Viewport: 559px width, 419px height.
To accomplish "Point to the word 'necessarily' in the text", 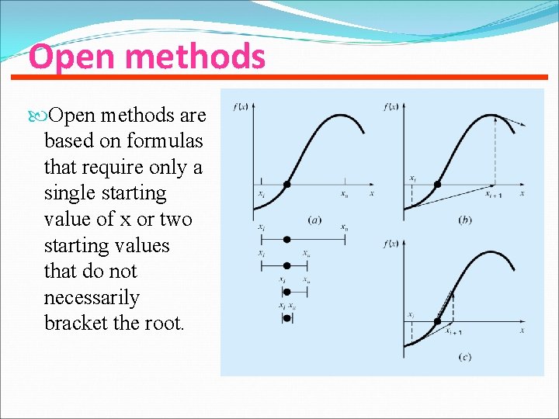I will (92, 298).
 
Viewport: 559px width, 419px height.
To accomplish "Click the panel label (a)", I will (314, 220).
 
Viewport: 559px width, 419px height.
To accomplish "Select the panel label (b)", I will (465, 220).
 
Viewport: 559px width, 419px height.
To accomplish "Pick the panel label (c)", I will (465, 358).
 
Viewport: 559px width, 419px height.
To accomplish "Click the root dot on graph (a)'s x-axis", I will (286, 185).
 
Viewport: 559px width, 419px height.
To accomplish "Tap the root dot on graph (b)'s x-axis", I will (437, 185).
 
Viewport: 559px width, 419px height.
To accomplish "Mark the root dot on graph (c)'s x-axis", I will (437, 321).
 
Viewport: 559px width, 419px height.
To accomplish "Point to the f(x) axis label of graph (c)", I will (391, 244).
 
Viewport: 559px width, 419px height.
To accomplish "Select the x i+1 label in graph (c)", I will (453, 331).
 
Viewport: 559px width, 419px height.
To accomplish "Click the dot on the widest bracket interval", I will (286, 240).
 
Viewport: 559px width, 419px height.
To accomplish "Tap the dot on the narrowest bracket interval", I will (286, 318).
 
